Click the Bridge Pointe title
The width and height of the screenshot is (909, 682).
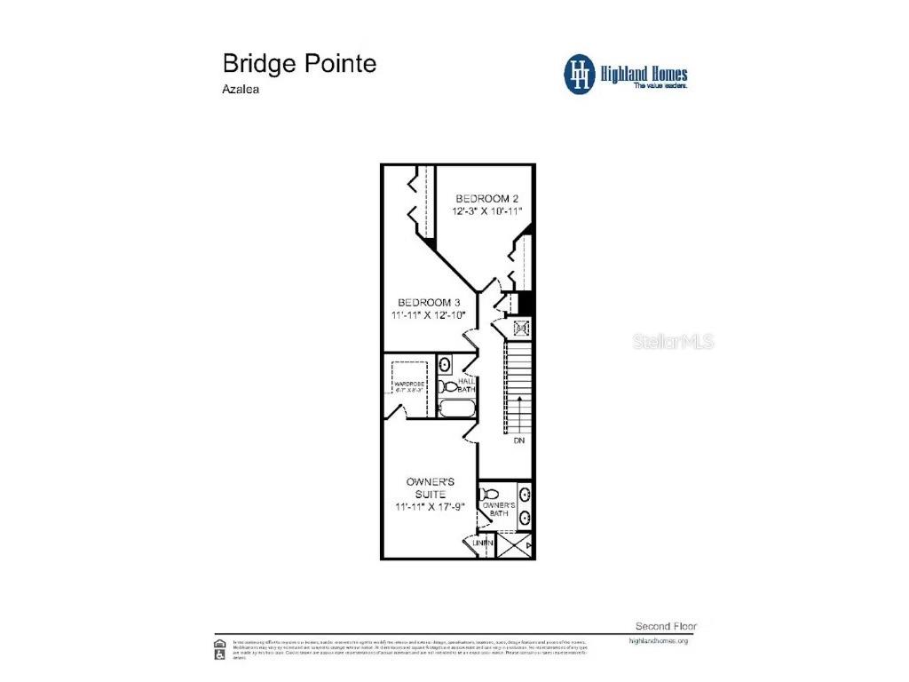point(298,64)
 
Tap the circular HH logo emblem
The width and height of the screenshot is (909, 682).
point(580,74)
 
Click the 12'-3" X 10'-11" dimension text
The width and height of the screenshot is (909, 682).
point(486,211)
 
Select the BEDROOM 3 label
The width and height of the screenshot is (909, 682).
point(428,301)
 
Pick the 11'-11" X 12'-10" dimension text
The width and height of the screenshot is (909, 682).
point(428,315)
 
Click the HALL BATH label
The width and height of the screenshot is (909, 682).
point(466,385)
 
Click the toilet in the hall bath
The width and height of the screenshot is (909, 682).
point(449,387)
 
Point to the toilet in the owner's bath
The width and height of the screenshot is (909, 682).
point(488,495)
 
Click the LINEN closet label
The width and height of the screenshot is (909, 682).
point(482,543)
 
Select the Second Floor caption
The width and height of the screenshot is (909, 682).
point(661,625)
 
